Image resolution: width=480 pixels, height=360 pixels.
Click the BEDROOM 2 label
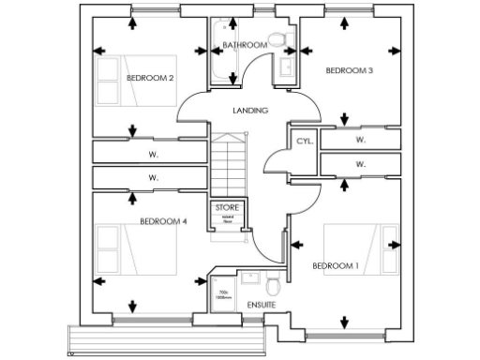coord(150,78)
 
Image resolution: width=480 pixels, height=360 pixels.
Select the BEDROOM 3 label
coord(349,70)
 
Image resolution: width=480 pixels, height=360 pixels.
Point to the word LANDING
coord(250,111)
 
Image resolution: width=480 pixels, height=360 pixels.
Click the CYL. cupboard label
coord(304,141)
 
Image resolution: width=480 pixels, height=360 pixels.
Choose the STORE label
coord(228,207)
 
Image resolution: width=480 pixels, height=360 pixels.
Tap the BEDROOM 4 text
coord(164,221)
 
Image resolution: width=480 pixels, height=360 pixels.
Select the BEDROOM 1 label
coord(335,266)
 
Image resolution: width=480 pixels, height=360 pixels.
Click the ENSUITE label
coord(261,306)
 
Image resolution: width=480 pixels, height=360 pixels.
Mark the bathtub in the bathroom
coord(220,54)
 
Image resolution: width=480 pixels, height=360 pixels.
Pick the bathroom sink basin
coord(285,67)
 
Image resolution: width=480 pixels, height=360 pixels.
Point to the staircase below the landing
coord(227,164)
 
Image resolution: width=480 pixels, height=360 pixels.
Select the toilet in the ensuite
coord(273,285)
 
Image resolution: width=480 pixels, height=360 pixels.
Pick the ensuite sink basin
coord(251,277)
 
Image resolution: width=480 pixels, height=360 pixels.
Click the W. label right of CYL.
coord(360,141)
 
